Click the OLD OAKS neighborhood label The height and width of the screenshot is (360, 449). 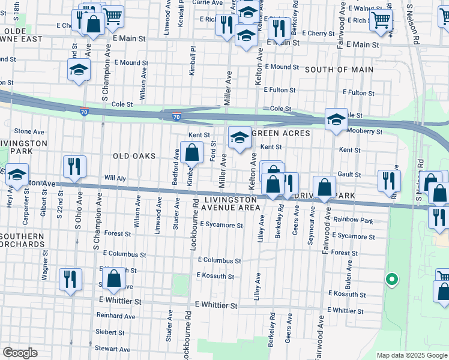pyautogui.click(x=134, y=156)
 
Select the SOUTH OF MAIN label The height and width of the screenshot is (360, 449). pyautogui.click(x=339, y=70)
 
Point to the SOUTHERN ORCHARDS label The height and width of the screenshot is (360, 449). pyautogui.click(x=22, y=240)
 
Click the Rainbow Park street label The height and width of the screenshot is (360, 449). pyautogui.click(x=354, y=221)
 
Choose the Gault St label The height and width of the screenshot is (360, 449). pyautogui.click(x=349, y=175)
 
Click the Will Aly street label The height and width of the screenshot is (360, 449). pyautogui.click(x=115, y=178)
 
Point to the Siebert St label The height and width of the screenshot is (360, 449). pyautogui.click(x=110, y=332)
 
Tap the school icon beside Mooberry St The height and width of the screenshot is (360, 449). pyautogui.click(x=336, y=119)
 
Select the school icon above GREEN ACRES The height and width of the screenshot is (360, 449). pyautogui.click(x=239, y=137)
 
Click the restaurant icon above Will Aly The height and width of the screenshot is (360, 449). pyautogui.click(x=74, y=166)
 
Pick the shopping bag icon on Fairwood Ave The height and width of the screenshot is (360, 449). pyautogui.click(x=324, y=187)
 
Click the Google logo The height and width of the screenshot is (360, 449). pyautogui.click(x=20, y=353)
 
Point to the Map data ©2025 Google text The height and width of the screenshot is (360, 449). pyautogui.click(x=412, y=355)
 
